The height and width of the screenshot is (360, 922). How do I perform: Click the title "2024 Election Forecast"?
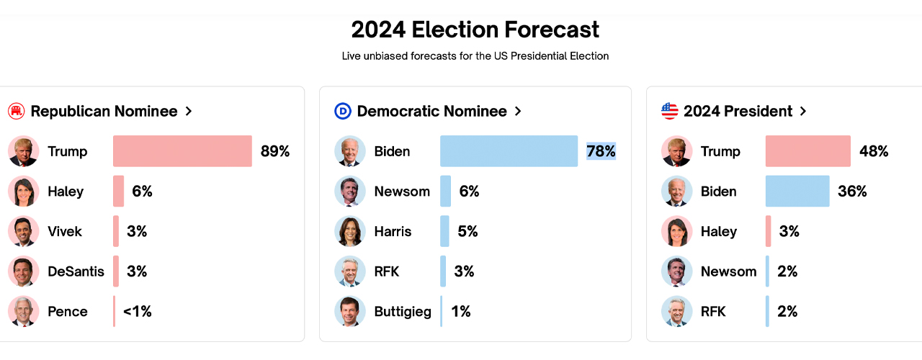click(475, 30)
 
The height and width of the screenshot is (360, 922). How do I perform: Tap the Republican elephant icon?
click(16, 111)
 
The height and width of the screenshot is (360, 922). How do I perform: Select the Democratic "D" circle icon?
click(343, 111)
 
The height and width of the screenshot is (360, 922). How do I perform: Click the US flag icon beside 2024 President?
click(670, 111)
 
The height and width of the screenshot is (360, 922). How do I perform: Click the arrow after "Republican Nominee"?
click(189, 111)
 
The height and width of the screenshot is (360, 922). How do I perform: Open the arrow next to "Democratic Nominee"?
click(518, 111)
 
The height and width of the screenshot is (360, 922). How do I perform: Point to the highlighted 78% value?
click(601, 151)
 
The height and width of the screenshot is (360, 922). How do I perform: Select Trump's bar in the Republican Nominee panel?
click(182, 151)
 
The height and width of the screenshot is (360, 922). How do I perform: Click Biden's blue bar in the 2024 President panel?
click(797, 192)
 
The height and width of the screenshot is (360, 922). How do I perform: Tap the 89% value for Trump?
click(275, 151)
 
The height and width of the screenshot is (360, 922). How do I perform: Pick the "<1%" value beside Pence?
click(137, 312)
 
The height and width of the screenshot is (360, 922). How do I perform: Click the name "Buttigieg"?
click(403, 312)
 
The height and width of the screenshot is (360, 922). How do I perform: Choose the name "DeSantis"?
click(76, 271)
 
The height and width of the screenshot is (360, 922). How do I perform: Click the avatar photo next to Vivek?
click(23, 231)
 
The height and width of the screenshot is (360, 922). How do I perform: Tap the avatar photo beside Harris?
click(350, 231)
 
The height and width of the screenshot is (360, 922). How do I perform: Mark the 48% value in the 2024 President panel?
click(874, 151)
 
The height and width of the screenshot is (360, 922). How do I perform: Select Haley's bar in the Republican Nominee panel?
click(119, 192)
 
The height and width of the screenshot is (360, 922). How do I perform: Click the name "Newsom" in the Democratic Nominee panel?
click(402, 192)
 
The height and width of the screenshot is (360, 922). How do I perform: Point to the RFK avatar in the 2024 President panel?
click(676, 312)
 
